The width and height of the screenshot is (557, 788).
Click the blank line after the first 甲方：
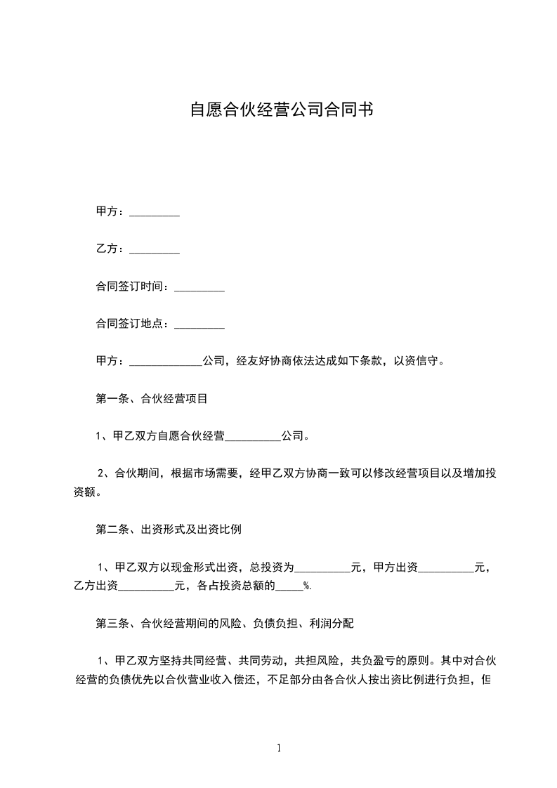(x=155, y=212)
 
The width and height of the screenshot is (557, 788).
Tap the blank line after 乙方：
(x=155, y=249)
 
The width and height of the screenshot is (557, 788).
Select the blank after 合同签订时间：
(x=199, y=287)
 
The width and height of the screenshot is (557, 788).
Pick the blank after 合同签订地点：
(x=199, y=324)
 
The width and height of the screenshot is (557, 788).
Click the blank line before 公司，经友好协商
(x=166, y=362)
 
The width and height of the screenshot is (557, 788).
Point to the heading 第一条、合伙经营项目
(x=151, y=399)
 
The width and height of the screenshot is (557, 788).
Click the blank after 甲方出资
(x=446, y=567)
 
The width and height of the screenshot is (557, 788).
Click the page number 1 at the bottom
(x=279, y=748)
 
